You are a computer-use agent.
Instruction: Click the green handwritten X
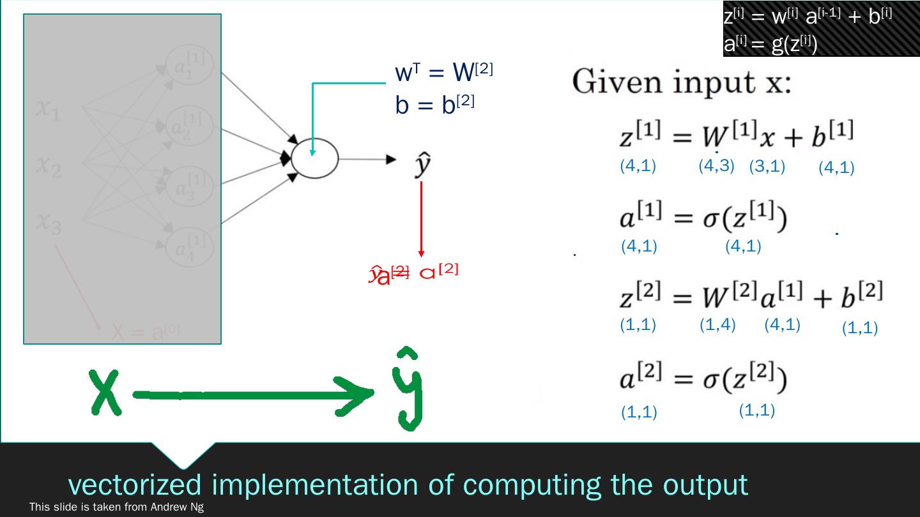(107, 391)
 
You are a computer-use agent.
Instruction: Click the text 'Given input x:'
(681, 83)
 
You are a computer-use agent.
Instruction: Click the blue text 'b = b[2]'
(434, 105)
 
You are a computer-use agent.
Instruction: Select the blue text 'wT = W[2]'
(444, 74)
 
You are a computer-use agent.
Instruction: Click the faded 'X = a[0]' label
(146, 332)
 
